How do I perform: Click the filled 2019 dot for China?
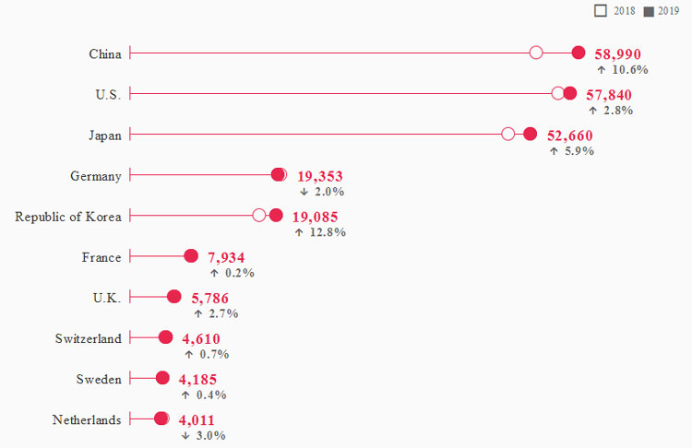[x=579, y=53]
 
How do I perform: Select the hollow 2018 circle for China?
[x=536, y=53]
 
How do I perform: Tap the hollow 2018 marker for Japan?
[x=508, y=134]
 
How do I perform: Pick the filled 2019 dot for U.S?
[x=570, y=93]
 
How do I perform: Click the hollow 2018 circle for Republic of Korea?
[x=259, y=215]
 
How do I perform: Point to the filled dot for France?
[x=191, y=256]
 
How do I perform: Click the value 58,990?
[x=617, y=54]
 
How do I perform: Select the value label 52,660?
[x=569, y=136]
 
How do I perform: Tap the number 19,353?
[x=319, y=176]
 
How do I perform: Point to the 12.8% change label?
[x=320, y=232]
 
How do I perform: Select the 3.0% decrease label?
[x=204, y=435]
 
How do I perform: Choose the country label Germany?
[x=96, y=175]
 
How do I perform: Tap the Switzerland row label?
[x=89, y=338]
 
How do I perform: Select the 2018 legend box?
[x=601, y=10]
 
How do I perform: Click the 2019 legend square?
[x=649, y=10]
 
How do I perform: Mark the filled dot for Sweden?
[x=162, y=378]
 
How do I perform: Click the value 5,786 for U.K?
[x=209, y=298]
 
